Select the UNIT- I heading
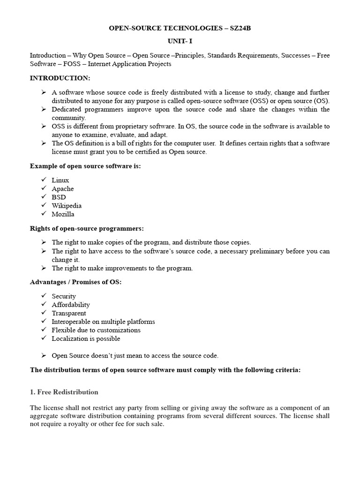point(180,41)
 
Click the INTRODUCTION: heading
point(60,78)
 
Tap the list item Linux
point(60,180)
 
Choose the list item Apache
point(63,188)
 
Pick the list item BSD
point(59,197)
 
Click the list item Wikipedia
point(67,205)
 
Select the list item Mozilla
point(63,214)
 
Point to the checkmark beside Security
point(44,296)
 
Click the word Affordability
point(71,305)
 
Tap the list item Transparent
point(69,313)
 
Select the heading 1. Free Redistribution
point(64,392)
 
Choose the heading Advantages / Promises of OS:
point(75,282)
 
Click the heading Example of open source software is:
point(85,166)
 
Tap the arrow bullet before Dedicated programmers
point(44,109)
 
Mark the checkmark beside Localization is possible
point(44,338)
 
